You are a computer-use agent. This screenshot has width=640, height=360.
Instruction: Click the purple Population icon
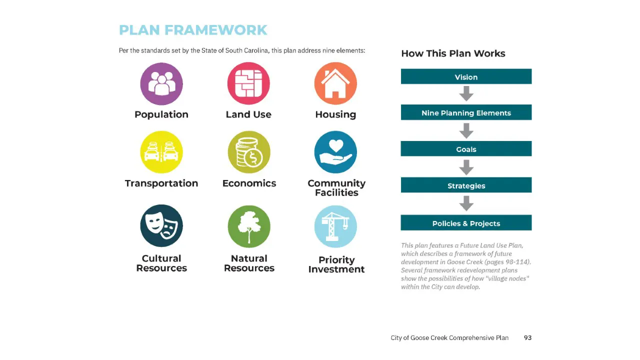coord(161,83)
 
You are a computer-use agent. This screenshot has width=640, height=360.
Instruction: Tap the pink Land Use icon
coord(248,83)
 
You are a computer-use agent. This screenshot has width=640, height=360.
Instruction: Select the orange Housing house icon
coord(335,83)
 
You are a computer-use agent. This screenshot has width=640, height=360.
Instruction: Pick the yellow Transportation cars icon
coord(161,152)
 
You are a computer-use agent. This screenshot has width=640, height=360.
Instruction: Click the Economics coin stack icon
coord(249,152)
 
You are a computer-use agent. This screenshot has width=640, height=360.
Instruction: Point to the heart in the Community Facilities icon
coord(335,145)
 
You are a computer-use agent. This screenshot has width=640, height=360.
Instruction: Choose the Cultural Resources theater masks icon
coord(161,225)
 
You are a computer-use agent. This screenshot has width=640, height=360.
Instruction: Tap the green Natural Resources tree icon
coord(249,226)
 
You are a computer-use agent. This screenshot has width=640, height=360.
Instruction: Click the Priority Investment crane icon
coord(335,226)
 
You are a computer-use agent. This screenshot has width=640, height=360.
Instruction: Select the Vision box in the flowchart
coord(466,76)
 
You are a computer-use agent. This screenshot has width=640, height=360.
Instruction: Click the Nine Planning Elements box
coord(466,112)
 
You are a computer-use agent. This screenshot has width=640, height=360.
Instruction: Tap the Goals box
coord(466,148)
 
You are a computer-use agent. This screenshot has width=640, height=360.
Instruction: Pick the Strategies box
coord(466,185)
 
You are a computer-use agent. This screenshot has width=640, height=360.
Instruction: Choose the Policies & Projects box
coord(466,222)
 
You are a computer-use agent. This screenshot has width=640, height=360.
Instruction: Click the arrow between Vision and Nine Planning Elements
coord(466,93)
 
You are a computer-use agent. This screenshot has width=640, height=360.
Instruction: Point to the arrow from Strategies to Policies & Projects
coord(466,203)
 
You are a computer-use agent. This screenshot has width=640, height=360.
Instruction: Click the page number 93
coord(527,338)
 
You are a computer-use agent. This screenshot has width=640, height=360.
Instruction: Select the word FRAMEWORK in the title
coord(215,30)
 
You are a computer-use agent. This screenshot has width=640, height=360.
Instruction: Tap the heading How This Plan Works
coord(453,53)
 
